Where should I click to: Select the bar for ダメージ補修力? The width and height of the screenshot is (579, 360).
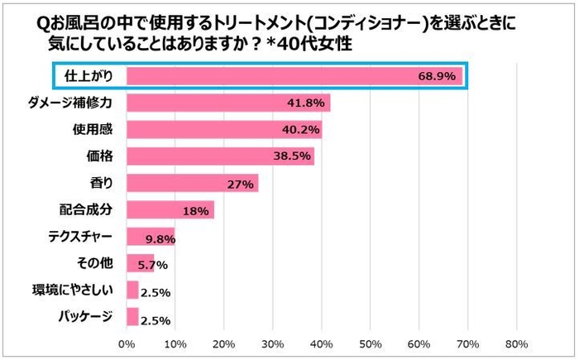click(228, 103)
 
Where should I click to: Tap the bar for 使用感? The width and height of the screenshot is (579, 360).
click(224, 130)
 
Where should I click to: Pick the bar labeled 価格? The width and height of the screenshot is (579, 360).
click(220, 156)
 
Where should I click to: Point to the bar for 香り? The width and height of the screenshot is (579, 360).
click(192, 183)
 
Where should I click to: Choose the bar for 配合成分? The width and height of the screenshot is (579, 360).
click(170, 210)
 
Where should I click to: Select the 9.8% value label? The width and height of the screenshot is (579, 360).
click(160, 238)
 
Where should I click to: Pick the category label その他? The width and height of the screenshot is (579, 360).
click(98, 264)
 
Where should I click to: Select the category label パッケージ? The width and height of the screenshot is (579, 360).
click(86, 317)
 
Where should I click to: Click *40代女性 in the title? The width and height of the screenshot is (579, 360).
click(305, 46)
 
